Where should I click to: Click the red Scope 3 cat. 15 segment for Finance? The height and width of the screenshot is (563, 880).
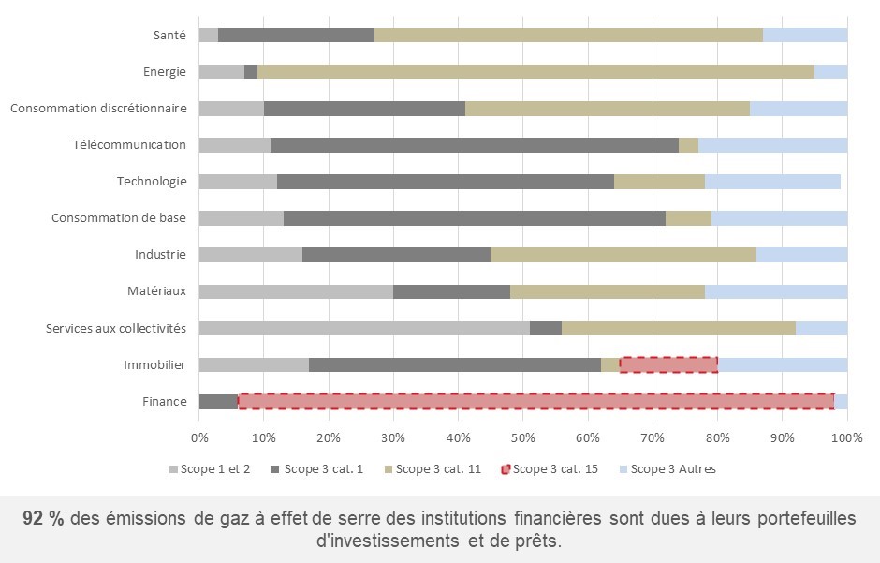[x=535, y=401]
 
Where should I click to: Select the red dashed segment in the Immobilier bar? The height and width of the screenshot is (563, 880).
[x=668, y=364]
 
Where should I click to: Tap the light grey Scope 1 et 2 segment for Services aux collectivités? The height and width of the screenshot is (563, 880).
[x=364, y=328]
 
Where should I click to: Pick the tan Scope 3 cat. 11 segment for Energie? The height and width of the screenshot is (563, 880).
[x=535, y=71]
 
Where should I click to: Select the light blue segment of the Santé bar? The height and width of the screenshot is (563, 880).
[x=805, y=35]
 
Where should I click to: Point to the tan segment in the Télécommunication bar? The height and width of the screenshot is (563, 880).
[x=688, y=145]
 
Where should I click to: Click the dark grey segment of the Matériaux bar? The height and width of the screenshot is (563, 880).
[x=451, y=291]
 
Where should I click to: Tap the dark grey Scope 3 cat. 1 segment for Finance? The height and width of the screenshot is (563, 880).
[x=218, y=401]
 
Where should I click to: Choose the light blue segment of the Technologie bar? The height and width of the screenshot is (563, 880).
[x=772, y=182]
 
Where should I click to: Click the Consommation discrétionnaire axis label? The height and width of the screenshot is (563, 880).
[x=98, y=109]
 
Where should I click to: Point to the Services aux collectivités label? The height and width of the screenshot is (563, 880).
[x=116, y=328]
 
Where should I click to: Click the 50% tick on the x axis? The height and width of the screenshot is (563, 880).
[x=523, y=437]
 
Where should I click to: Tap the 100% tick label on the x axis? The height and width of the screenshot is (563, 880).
[x=846, y=437]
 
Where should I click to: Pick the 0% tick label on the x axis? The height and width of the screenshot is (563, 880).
[x=199, y=437]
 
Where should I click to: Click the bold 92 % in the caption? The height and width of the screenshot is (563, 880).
[x=43, y=519]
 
